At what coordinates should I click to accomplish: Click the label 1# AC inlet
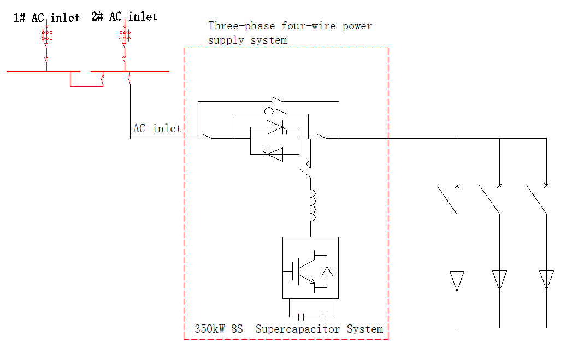(x=46, y=18)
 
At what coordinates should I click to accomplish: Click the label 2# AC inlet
(x=125, y=17)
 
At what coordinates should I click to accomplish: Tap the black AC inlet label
(x=157, y=129)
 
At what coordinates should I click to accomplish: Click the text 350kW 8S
(x=219, y=329)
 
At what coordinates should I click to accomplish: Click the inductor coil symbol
(x=314, y=205)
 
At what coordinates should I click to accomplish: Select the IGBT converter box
(x=310, y=267)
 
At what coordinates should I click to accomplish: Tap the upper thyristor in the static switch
(x=275, y=128)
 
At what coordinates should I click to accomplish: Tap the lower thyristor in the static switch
(x=274, y=155)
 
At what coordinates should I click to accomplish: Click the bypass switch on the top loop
(x=278, y=100)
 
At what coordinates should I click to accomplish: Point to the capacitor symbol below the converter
(x=310, y=316)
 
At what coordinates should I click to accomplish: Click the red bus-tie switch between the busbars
(x=101, y=81)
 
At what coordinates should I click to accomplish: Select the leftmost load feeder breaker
(x=448, y=199)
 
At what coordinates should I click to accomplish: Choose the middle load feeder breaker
(x=490, y=199)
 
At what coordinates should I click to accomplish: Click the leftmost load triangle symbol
(x=457, y=280)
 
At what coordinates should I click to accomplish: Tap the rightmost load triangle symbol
(x=546, y=280)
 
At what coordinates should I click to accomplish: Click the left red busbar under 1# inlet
(x=43, y=71)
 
